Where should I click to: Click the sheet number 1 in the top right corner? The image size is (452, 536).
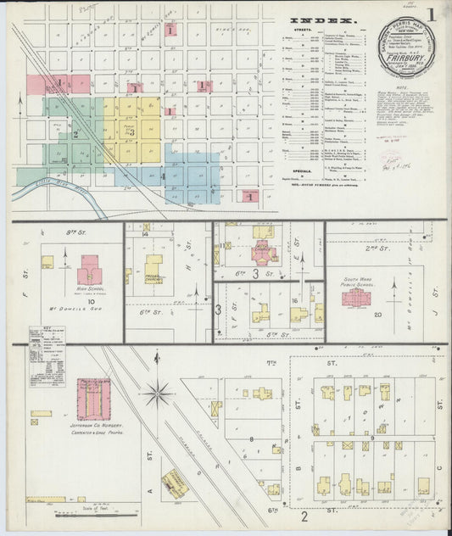click(432, 14)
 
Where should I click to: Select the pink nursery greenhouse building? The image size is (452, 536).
click(93, 399)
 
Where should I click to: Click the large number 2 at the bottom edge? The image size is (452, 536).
click(304, 515)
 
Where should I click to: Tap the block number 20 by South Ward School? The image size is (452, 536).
click(378, 315)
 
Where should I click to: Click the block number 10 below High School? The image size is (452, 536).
click(88, 300)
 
